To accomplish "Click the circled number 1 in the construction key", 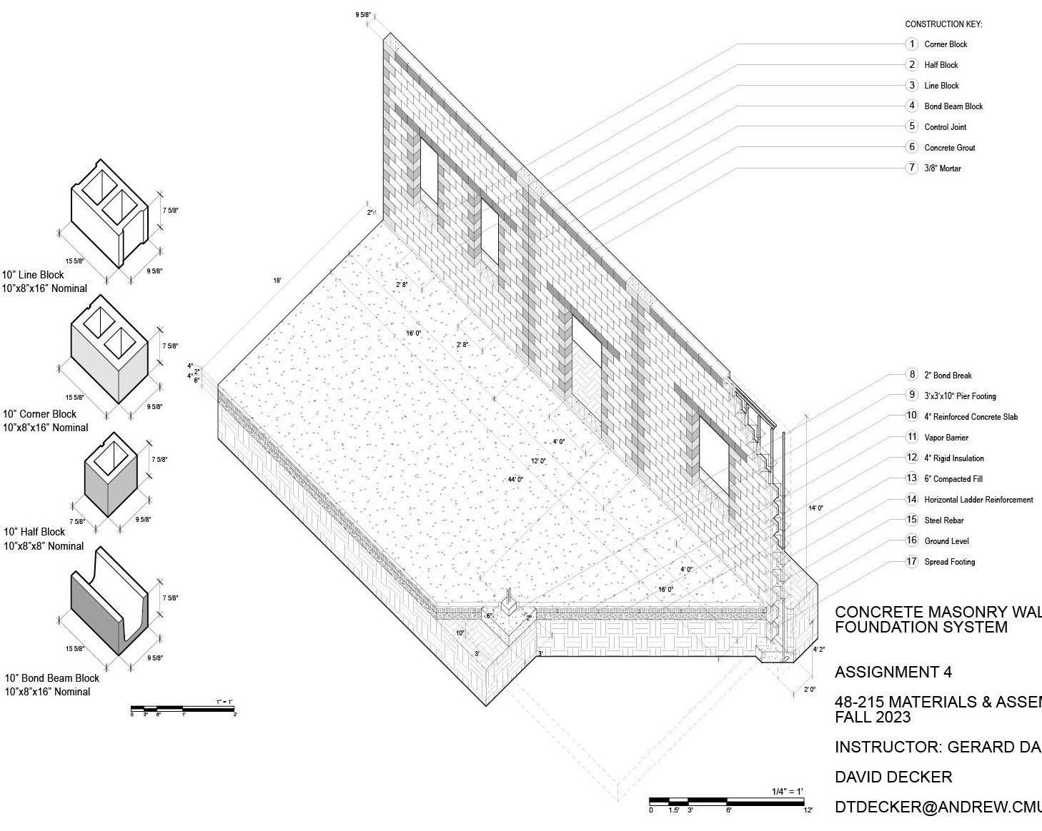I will click(911, 44).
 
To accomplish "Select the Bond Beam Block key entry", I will click(953, 106).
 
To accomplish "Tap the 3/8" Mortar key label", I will click(943, 168).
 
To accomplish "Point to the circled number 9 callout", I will click(911, 395).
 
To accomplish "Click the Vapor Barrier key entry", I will click(946, 438).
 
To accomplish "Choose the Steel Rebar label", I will click(944, 520).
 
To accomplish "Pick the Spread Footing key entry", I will click(949, 562).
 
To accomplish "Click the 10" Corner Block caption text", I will click(40, 414).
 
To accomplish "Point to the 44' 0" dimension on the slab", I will click(515, 480).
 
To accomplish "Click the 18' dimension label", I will click(277, 281).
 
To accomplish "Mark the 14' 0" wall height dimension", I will click(815, 508).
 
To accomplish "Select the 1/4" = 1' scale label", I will click(787, 791).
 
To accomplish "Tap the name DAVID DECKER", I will click(893, 777).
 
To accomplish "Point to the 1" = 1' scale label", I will click(224, 702).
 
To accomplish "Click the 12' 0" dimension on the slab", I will click(538, 461).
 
